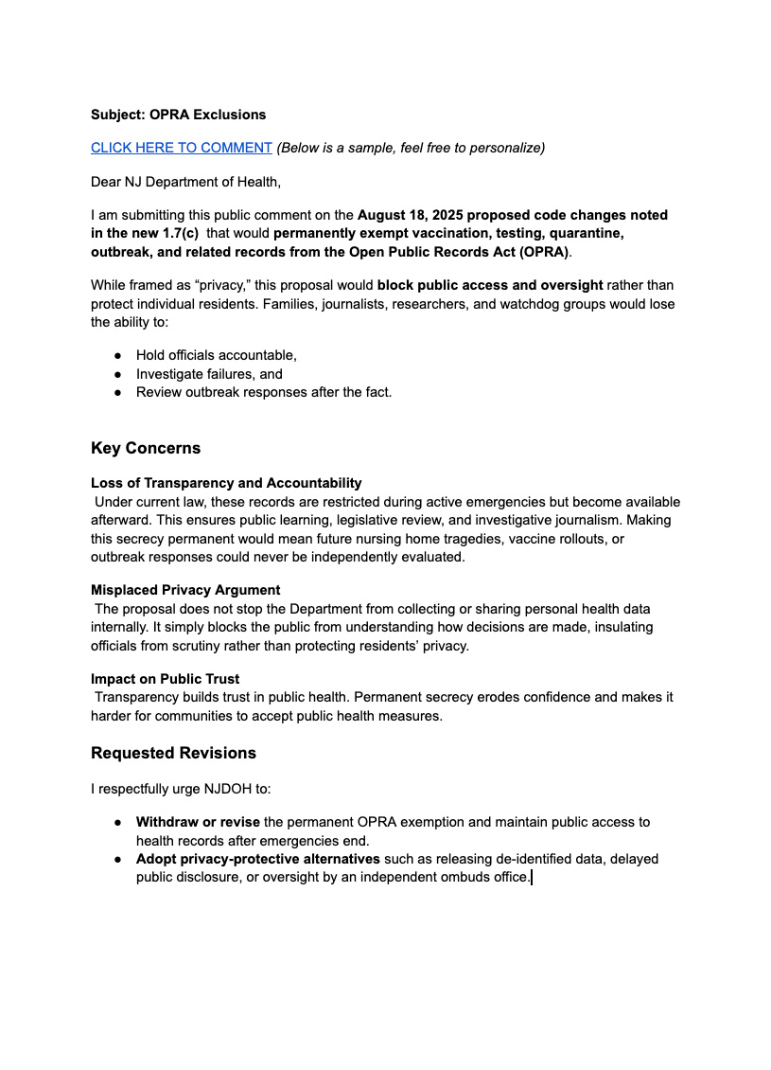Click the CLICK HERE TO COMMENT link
(182, 148)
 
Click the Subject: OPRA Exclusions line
(179, 115)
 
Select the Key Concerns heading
(146, 448)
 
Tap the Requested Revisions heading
(173, 754)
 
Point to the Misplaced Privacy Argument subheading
(185, 590)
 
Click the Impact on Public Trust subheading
(166, 679)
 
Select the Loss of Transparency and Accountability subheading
(226, 483)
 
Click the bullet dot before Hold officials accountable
(117, 356)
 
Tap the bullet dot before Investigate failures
(117, 374)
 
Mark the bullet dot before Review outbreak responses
(117, 392)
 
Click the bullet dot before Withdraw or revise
(117, 823)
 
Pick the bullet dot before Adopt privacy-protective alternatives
(117, 859)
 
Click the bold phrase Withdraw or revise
(198, 822)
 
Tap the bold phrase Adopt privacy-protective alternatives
(258, 859)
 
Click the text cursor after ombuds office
(532, 878)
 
